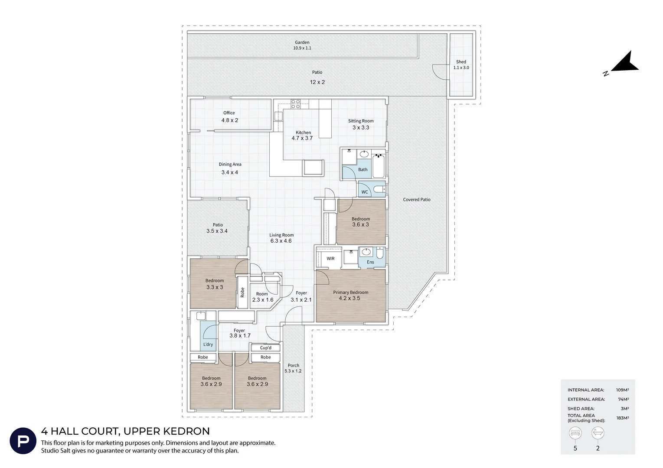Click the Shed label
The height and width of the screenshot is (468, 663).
(x=461, y=62)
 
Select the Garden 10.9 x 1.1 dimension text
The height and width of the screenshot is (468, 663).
(x=302, y=48)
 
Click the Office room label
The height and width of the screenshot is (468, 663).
(x=229, y=113)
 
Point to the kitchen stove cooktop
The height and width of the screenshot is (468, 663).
(x=295, y=104)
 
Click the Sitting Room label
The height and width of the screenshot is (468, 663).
(x=361, y=121)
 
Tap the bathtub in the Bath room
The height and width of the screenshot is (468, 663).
(x=378, y=166)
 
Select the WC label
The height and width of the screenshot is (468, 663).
(x=365, y=192)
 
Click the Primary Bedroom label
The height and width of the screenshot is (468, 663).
(x=351, y=292)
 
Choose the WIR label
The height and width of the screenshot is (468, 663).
(x=330, y=259)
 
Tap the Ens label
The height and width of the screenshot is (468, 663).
(x=370, y=262)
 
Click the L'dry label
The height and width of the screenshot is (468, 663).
(x=208, y=344)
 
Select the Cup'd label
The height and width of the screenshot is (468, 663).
(x=265, y=348)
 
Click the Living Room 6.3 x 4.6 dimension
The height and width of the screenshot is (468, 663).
(x=281, y=241)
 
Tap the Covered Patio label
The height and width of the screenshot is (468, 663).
(x=417, y=200)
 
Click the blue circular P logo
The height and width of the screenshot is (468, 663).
(x=23, y=441)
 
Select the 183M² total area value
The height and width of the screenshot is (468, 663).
(x=622, y=418)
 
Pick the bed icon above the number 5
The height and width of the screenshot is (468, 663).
(x=575, y=433)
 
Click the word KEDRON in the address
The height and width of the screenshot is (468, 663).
(x=186, y=431)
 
